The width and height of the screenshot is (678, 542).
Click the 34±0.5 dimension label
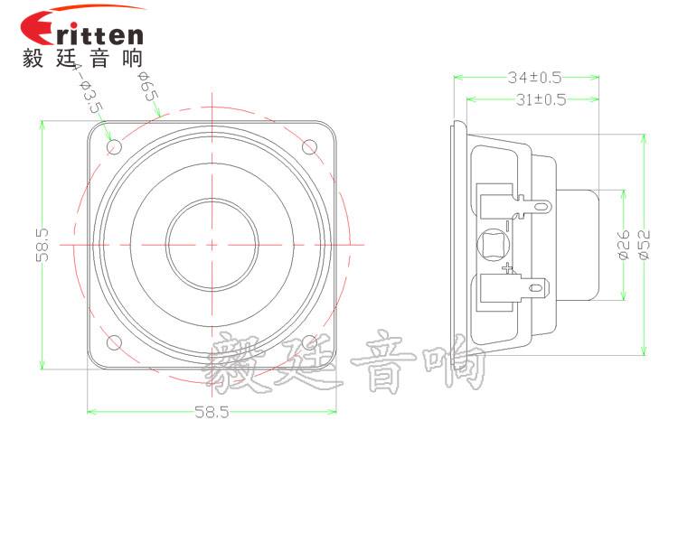pyautogui.click(x=534, y=78)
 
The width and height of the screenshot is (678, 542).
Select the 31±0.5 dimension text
pyautogui.click(x=541, y=100)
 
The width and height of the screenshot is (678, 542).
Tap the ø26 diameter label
pyautogui.click(x=624, y=245)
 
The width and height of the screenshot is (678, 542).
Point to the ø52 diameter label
pyautogui.click(x=644, y=245)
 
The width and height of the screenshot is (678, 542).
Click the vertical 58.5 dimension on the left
pyautogui.click(x=42, y=245)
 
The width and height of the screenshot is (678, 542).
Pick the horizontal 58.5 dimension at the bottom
pyautogui.click(x=212, y=412)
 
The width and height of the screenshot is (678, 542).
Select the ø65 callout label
pyautogui.click(x=148, y=87)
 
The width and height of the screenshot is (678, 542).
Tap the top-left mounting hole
pyautogui.click(x=114, y=147)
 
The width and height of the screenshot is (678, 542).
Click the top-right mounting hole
pyautogui.click(x=309, y=147)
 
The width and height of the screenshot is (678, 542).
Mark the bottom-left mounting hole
pyautogui.click(x=114, y=342)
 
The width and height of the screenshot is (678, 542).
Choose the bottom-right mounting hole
pyautogui.click(x=309, y=342)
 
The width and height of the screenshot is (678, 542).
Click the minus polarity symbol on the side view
pyautogui.click(x=508, y=225)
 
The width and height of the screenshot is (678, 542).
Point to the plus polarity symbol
pyautogui.click(x=508, y=268)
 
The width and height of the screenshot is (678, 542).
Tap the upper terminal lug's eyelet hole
pyautogui.click(x=541, y=206)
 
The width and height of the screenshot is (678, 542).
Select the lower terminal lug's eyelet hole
pyautogui.click(x=536, y=288)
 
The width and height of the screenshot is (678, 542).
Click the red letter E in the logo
pyautogui.click(x=38, y=28)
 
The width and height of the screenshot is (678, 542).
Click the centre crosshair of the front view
pyautogui.click(x=212, y=245)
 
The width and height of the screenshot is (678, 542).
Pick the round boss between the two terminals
pyautogui.click(x=494, y=245)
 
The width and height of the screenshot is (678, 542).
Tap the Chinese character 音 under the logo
pyautogui.click(x=99, y=59)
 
